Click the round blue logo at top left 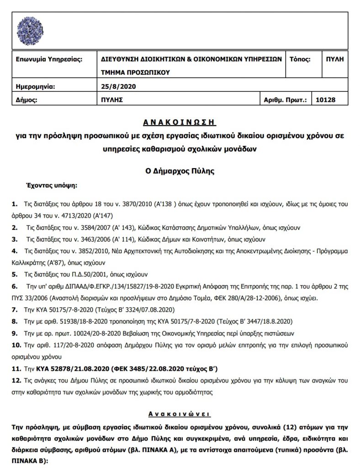click(30, 26)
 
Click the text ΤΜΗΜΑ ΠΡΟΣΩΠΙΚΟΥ click(135, 72)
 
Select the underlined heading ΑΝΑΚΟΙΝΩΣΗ click(180, 123)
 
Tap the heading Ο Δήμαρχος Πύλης click(180, 172)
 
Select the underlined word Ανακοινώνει click(180, 414)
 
